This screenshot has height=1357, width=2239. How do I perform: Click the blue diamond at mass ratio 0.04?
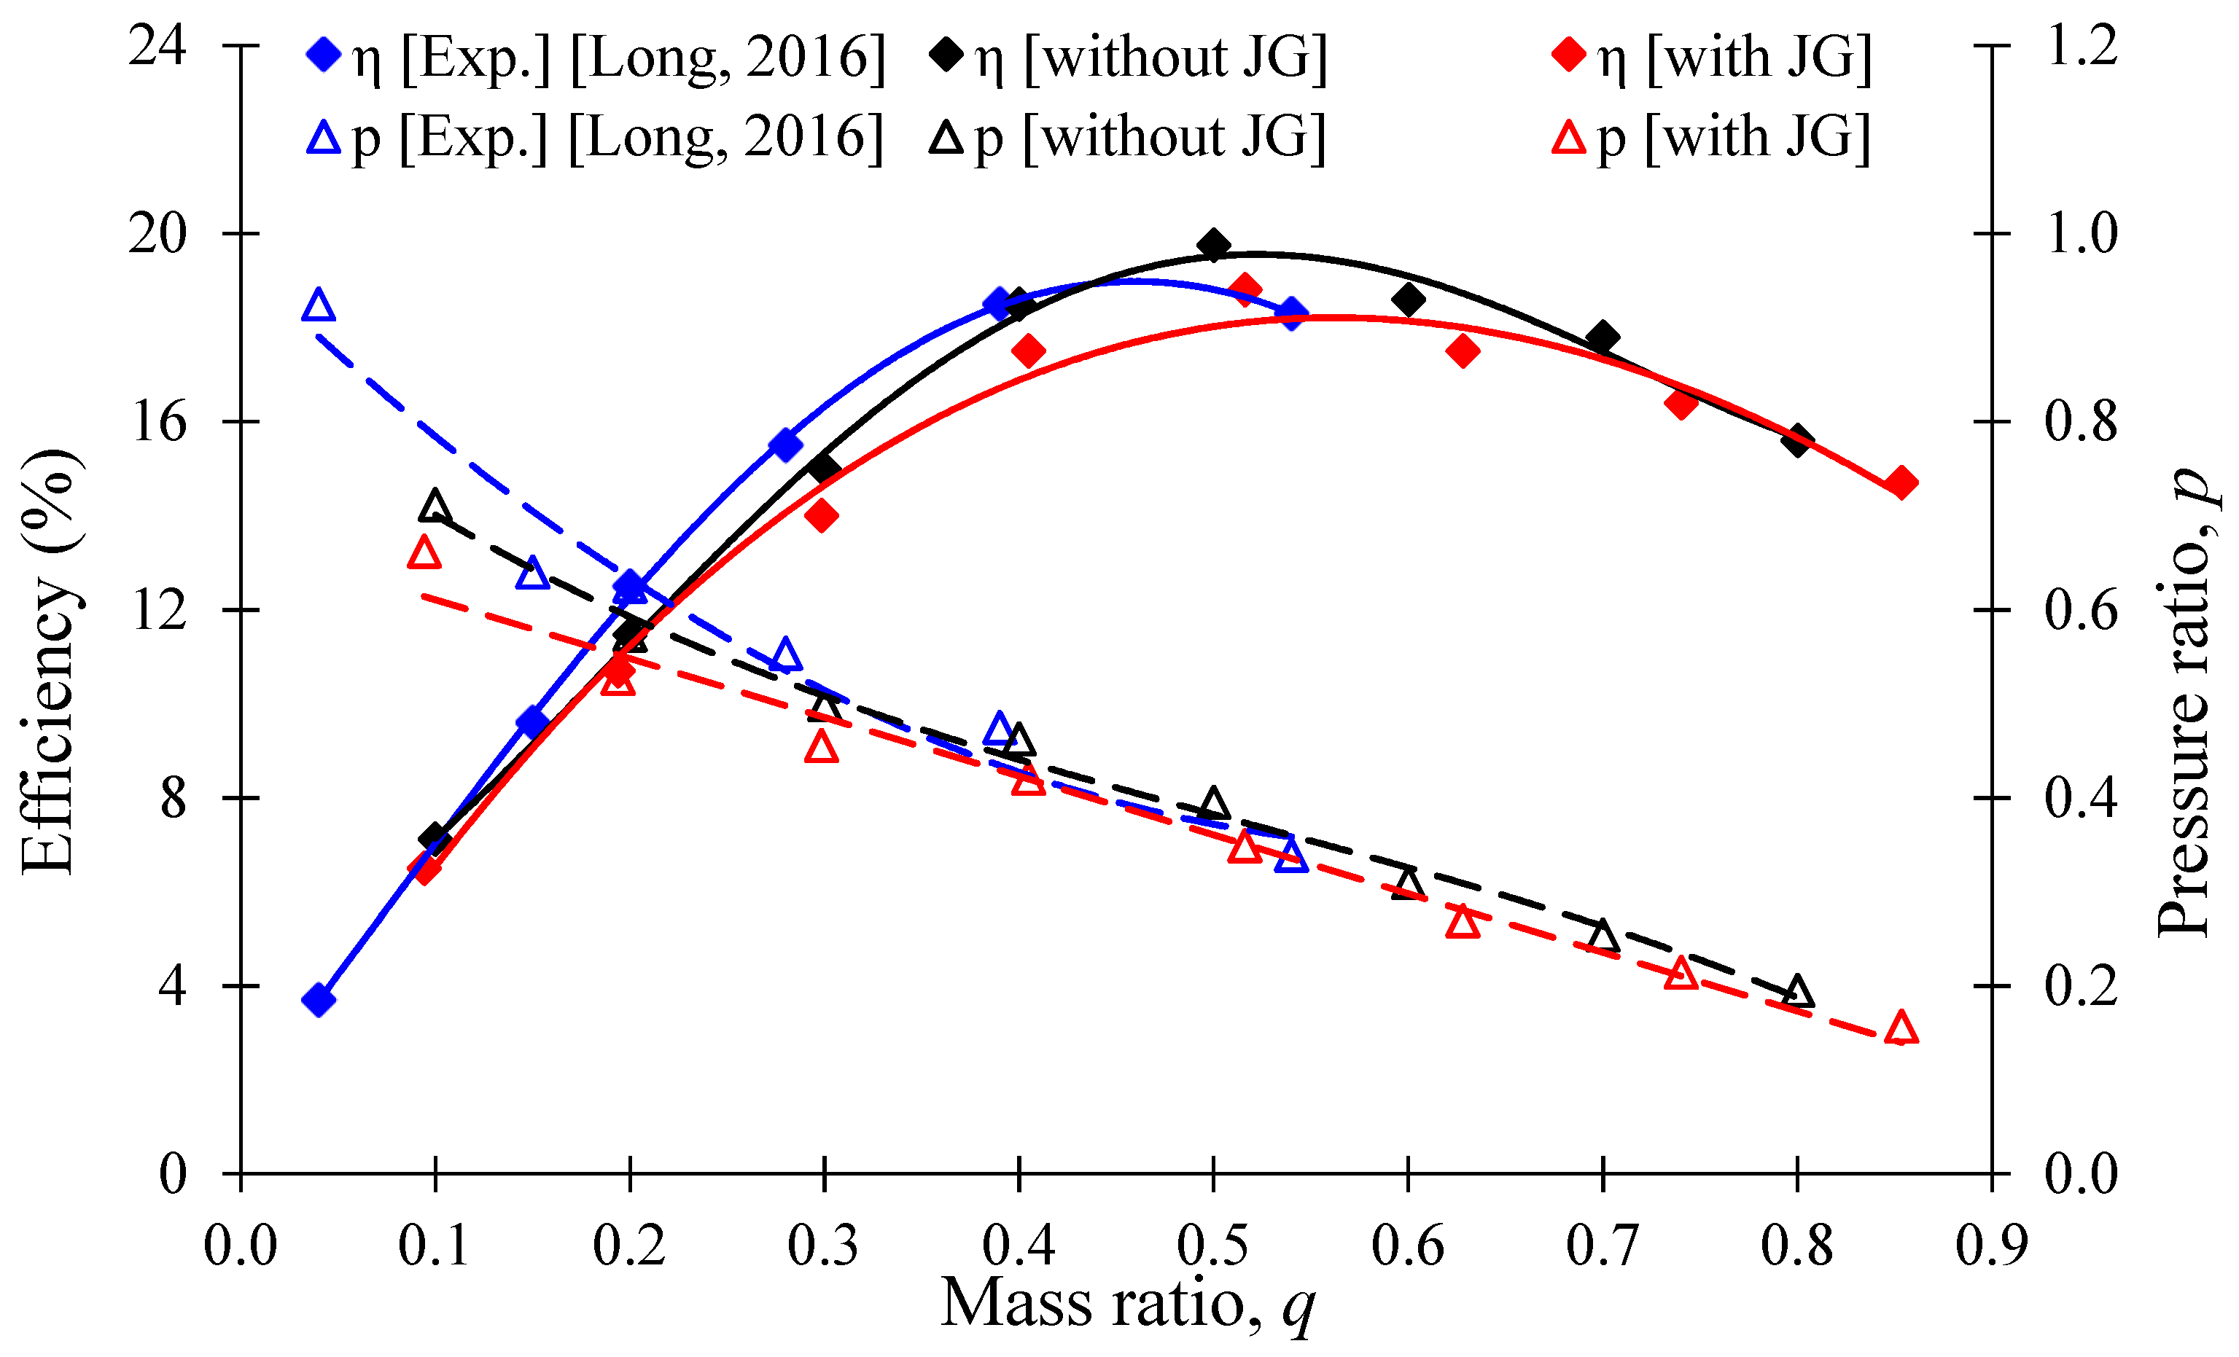point(318,1000)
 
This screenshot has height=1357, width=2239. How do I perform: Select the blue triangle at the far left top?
point(318,305)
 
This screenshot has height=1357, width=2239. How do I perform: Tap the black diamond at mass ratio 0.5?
point(1213,246)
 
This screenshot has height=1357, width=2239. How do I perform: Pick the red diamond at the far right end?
point(1901,482)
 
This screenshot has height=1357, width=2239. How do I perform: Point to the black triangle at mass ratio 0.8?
point(1796,991)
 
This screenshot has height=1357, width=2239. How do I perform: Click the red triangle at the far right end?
point(1901,1028)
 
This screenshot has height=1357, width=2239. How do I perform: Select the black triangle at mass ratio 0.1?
point(435,505)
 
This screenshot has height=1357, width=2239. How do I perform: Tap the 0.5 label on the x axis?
point(1213,1245)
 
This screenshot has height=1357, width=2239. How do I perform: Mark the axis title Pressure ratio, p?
point(2185,700)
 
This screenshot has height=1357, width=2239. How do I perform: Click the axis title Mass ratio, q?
point(1126,1303)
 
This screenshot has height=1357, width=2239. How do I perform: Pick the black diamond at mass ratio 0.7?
point(1602,337)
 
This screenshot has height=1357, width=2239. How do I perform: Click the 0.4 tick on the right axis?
point(2081,797)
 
